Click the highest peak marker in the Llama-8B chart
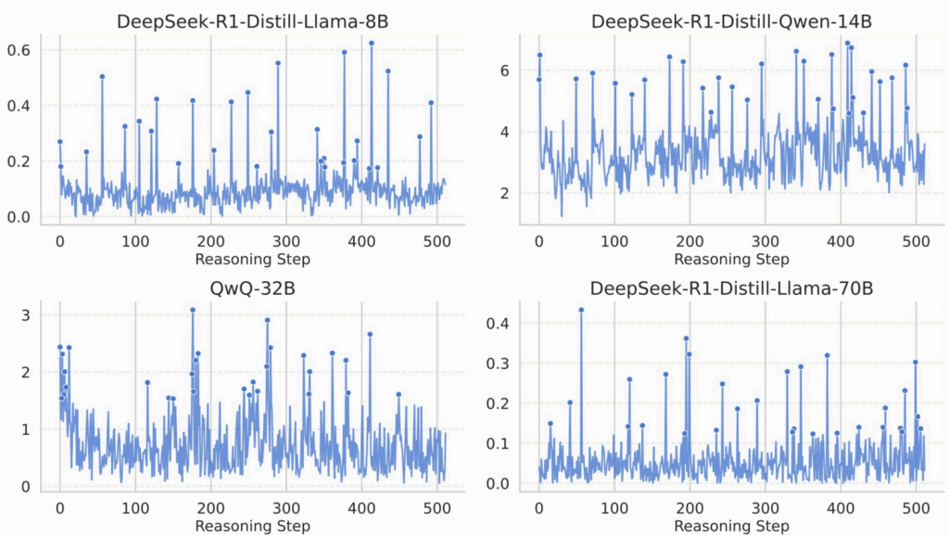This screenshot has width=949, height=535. [x=372, y=43]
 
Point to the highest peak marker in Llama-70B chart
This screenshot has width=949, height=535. [x=581, y=310]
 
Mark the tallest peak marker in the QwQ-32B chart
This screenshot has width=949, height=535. [x=193, y=310]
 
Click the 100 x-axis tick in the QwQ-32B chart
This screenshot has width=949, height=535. [x=135, y=509]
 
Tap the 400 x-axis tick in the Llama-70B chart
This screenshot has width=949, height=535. [x=841, y=509]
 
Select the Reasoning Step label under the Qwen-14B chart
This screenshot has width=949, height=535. [x=732, y=259]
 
